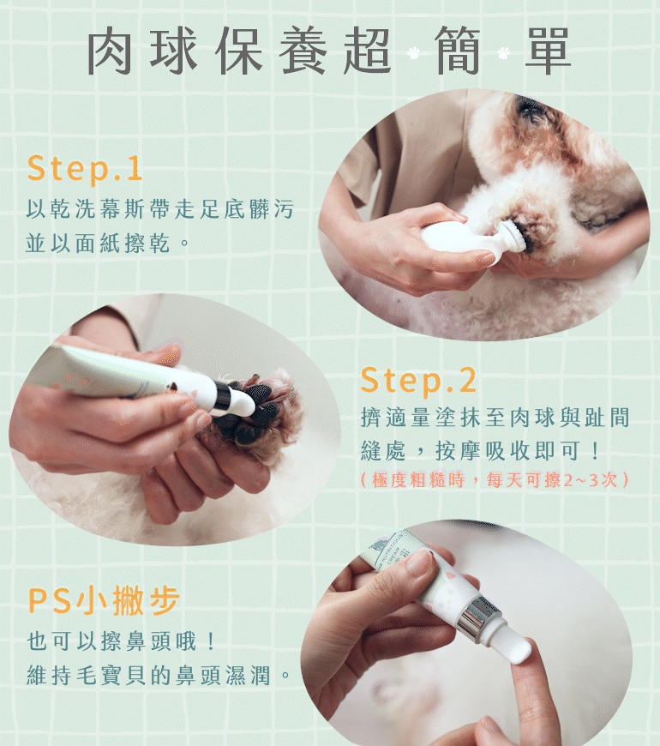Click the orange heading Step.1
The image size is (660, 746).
(x=85, y=169)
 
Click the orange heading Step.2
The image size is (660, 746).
(x=418, y=381)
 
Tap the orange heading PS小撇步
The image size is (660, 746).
(x=104, y=600)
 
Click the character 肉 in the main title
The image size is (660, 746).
(x=110, y=51)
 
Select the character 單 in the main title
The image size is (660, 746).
(x=548, y=51)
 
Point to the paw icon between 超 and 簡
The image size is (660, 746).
(x=414, y=52)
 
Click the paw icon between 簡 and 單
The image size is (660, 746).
(x=504, y=52)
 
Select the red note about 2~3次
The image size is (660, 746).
(x=495, y=480)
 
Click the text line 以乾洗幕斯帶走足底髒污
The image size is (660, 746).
(x=160, y=209)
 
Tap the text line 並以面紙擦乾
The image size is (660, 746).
(x=108, y=244)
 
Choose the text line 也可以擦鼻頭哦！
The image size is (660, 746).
(x=122, y=641)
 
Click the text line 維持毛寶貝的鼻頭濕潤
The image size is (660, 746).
(x=159, y=676)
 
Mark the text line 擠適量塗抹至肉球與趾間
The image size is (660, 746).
(x=495, y=418)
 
